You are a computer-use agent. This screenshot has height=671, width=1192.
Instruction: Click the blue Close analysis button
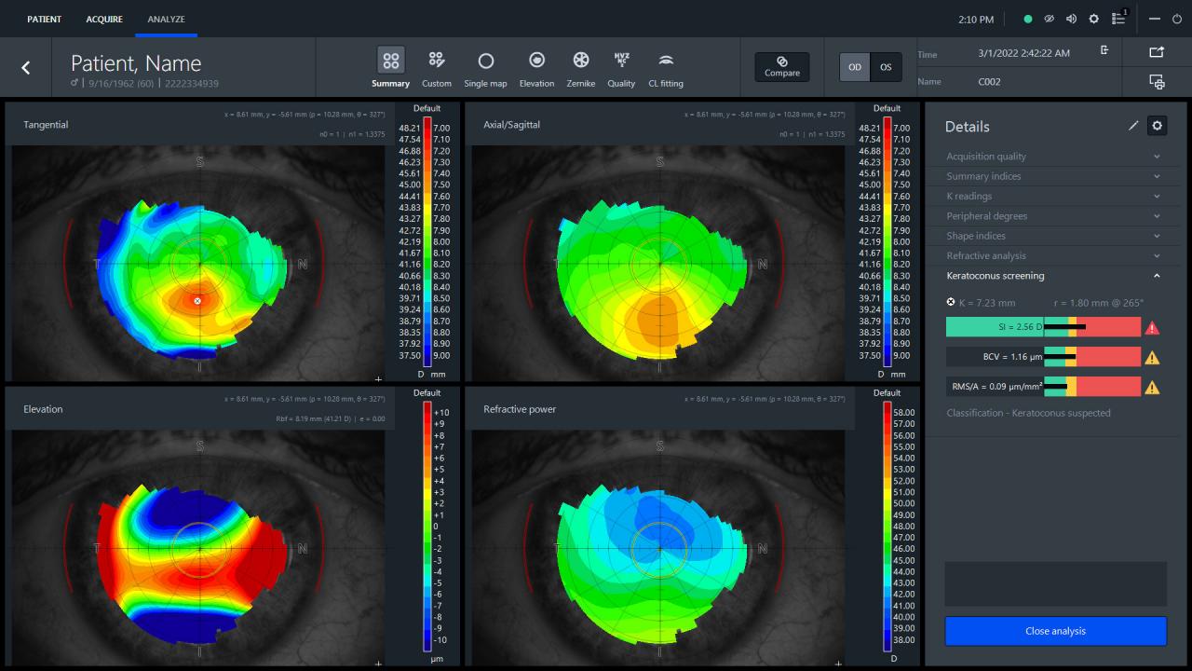1055,631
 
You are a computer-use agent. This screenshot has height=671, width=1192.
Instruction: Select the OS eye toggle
886,67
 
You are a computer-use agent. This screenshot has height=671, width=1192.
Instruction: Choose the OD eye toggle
854,67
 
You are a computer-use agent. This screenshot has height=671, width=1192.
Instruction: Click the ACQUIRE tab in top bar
103,19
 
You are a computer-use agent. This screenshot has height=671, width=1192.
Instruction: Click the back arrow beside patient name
26,67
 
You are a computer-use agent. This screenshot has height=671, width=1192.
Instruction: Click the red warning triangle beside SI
1152,328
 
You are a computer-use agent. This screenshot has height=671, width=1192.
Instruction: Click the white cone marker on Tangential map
197,301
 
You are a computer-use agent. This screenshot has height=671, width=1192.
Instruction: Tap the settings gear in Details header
1157,126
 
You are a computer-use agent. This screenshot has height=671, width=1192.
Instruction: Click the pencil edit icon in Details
1133,126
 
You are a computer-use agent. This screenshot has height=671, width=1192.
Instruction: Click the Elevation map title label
43,409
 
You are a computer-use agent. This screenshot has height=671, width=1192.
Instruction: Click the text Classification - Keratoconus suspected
1028,413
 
